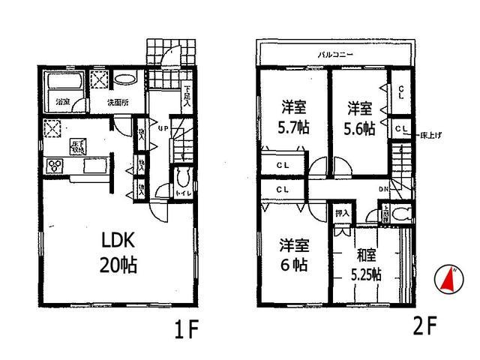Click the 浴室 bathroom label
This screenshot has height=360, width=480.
point(61,100)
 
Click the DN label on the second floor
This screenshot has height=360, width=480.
point(382,190)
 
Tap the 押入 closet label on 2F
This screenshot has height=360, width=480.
point(341,214)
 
